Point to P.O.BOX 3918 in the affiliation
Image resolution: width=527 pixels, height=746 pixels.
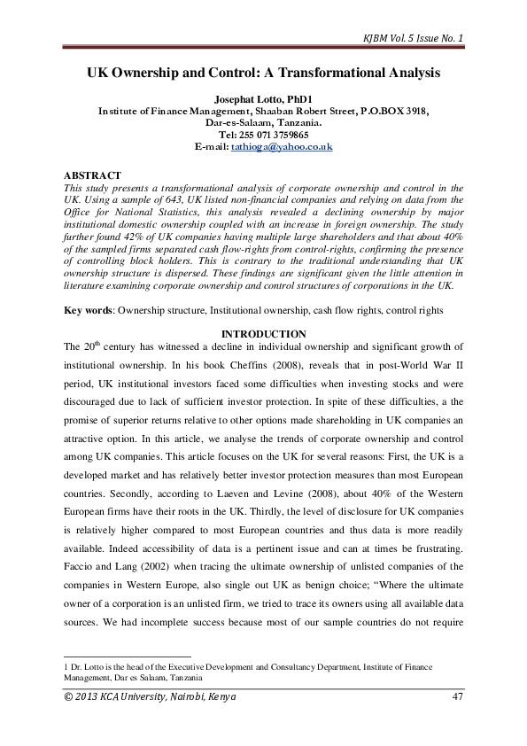pos(391,110)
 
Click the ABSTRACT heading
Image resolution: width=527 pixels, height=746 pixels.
pos(93,175)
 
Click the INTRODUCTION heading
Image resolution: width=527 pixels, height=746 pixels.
pos(264,333)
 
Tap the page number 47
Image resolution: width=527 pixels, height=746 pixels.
pos(457,696)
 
